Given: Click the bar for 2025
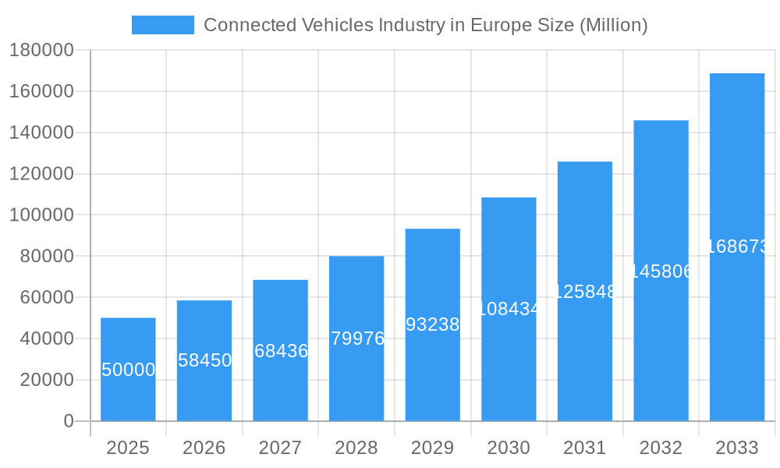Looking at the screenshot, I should (x=128, y=370).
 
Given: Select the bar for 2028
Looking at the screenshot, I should (x=356, y=339).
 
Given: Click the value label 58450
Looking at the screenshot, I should (x=204, y=360).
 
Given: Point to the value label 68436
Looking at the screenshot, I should (x=281, y=351).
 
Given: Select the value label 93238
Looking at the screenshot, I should (x=433, y=324).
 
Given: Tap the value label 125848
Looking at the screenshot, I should (x=585, y=292).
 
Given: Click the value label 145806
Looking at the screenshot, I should (x=661, y=271).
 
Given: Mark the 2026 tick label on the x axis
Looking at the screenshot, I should (x=204, y=448).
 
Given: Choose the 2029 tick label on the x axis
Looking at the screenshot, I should (x=433, y=448).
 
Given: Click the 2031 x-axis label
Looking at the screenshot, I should (x=585, y=448).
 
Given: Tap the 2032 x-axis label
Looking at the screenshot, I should (x=661, y=448).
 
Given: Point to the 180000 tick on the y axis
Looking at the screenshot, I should (x=41, y=51).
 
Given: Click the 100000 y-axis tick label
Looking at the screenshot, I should (x=41, y=215).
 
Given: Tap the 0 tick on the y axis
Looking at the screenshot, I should (x=69, y=421).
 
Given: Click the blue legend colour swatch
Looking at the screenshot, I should (x=162, y=25).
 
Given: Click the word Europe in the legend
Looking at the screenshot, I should (x=496, y=25).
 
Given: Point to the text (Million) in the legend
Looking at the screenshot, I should (x=613, y=25).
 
